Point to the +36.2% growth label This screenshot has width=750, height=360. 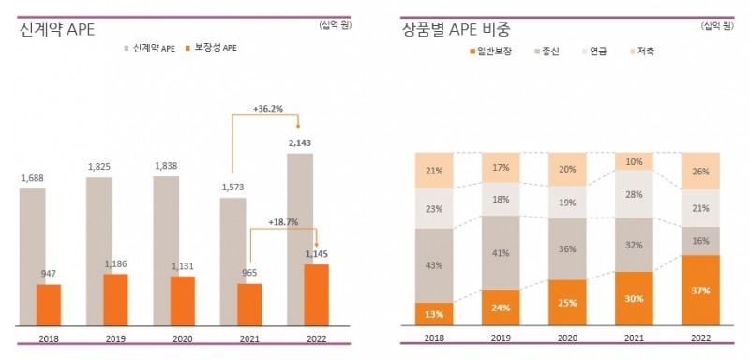(x=268, y=109)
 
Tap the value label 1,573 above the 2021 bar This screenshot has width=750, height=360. (x=232, y=187)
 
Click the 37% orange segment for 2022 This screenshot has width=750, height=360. (x=699, y=290)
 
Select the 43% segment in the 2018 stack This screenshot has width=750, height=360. (x=434, y=265)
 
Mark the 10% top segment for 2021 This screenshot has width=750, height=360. (x=634, y=161)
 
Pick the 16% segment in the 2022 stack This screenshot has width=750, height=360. (x=699, y=240)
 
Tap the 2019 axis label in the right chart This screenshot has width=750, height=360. (x=501, y=337)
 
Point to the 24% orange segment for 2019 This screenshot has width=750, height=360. (x=501, y=307)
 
